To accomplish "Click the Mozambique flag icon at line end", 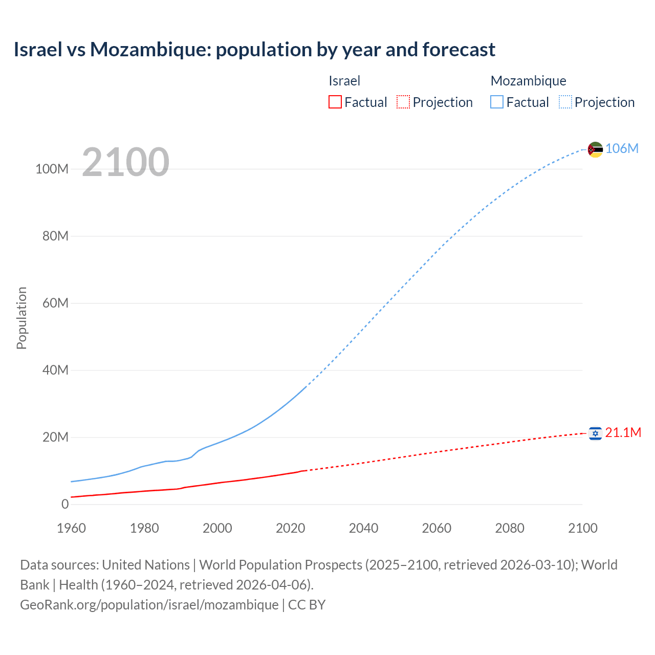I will tap(595, 149).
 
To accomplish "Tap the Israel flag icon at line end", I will tap(595, 433).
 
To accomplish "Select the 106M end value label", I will tap(622, 148).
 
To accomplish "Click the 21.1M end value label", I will tap(623, 432).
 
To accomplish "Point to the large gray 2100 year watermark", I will tap(125, 162).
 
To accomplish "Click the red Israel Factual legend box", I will tap(335, 102).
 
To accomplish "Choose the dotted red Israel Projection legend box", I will tap(403, 102).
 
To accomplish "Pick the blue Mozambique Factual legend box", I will tap(496, 102).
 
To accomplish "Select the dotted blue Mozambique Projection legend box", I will tap(565, 102).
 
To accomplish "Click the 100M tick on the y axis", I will tap(52, 169).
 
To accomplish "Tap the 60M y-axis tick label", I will tap(55, 303).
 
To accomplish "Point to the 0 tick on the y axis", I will tap(64, 504).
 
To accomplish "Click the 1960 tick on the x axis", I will tap(71, 528).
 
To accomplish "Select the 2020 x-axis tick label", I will tap(290, 528).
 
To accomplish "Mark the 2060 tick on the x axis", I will tap(436, 528).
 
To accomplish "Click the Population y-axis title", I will tap(21, 318).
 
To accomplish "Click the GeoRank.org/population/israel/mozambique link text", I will tap(149, 604).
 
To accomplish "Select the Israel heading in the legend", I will tap(344, 81).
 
